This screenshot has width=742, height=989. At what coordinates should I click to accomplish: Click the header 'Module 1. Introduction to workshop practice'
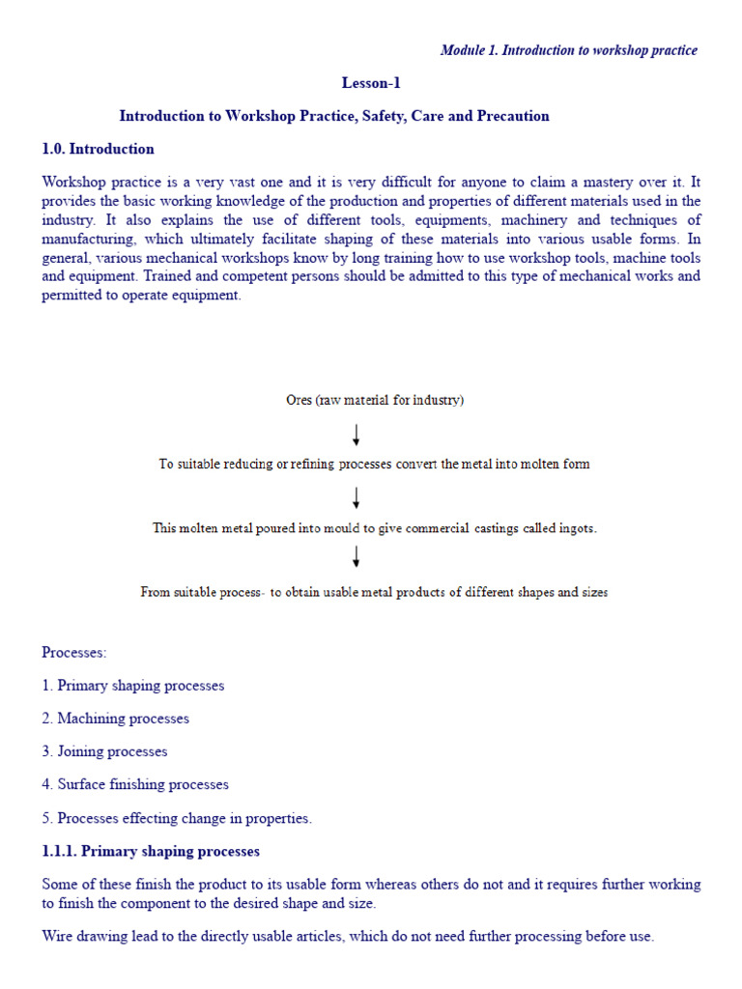click(x=568, y=50)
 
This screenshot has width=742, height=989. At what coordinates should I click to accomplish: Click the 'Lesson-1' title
click(x=371, y=83)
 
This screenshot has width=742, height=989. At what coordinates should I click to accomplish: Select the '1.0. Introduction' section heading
click(x=98, y=149)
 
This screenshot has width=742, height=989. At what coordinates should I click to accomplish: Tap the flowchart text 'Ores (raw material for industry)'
click(x=375, y=400)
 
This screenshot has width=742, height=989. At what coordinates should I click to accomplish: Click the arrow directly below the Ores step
click(x=357, y=434)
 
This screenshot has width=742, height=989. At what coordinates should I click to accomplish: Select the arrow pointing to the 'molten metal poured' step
click(x=357, y=497)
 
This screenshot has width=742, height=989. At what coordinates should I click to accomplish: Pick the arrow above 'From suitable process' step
click(x=357, y=556)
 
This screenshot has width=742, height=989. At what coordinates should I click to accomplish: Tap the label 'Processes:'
click(x=74, y=652)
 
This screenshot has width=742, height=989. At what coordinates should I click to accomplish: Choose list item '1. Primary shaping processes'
click(x=133, y=686)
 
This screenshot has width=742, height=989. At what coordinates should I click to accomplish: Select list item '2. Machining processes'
click(x=116, y=719)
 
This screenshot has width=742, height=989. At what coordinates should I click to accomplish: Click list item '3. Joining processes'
click(x=105, y=751)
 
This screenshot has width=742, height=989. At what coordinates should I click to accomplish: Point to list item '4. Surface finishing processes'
click(x=135, y=784)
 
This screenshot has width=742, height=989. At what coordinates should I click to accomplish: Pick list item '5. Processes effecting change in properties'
click(x=178, y=818)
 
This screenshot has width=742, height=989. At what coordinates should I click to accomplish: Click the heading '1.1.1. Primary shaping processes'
click(x=151, y=851)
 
